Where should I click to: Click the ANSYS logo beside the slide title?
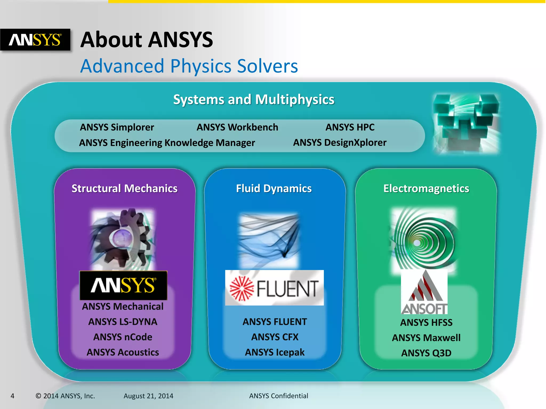tap(35, 40)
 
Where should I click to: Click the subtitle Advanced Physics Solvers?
tap(189, 66)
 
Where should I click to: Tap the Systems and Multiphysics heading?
tap(254, 100)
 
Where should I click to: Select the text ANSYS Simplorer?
tap(117, 127)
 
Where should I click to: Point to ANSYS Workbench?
tap(237, 127)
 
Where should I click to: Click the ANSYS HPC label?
tap(350, 127)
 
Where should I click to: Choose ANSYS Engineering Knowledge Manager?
tap(167, 143)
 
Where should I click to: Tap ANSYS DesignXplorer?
tap(340, 143)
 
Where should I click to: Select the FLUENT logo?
tap(274, 288)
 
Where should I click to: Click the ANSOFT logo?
tap(424, 292)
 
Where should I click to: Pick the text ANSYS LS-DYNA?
tap(123, 322)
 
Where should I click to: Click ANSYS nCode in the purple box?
tap(123, 337)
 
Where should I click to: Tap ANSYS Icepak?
tap(275, 352)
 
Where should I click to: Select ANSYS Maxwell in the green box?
tap(426, 338)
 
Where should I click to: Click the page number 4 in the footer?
tap(12, 396)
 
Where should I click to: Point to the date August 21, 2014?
tap(148, 396)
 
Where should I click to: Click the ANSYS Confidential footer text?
tap(278, 396)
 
